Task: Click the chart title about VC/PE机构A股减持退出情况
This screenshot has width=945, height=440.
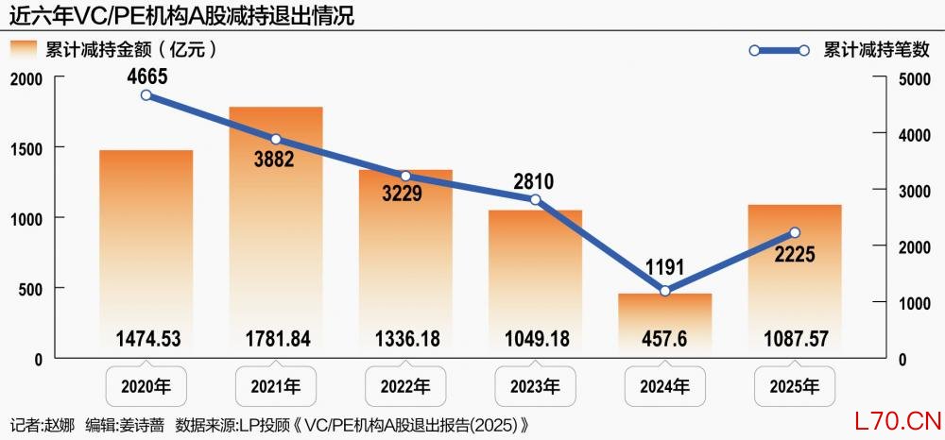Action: pos(185,16)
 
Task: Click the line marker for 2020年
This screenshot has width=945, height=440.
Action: pos(146,94)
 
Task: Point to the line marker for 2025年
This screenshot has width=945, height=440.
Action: pos(795,232)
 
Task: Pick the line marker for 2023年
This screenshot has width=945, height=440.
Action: pos(535,199)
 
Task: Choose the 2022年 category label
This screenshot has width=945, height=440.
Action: pos(405,386)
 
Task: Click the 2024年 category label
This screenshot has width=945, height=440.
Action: pos(665,386)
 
